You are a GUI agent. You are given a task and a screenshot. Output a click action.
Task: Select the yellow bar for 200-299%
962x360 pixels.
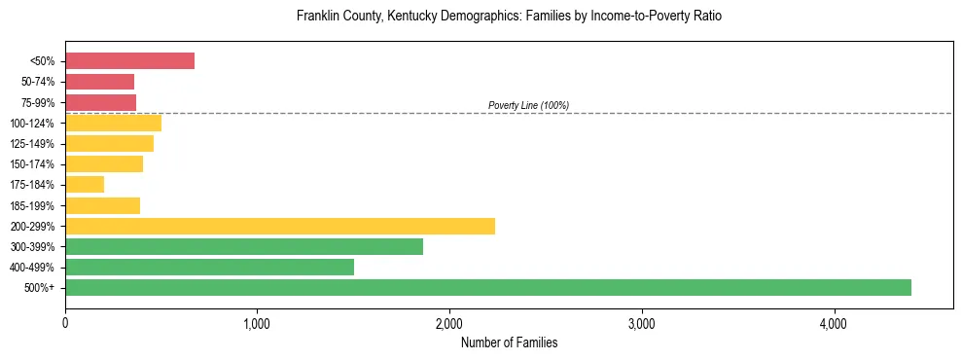click(x=280, y=226)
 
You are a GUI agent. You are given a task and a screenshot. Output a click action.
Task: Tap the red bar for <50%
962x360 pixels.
click(x=129, y=61)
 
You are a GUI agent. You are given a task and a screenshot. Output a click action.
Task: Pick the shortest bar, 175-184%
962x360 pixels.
click(x=85, y=185)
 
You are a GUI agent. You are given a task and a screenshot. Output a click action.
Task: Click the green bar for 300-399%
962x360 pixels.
click(x=244, y=246)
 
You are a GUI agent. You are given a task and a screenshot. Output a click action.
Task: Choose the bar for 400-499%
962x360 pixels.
click(x=209, y=267)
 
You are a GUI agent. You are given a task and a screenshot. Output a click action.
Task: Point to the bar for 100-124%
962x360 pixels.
click(x=113, y=123)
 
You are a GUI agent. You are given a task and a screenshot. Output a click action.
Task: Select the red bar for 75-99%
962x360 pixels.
click(x=100, y=102)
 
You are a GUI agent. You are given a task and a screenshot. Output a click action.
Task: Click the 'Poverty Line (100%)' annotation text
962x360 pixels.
click(x=528, y=105)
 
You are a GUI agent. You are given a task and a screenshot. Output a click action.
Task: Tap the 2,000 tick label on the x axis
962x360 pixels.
click(x=449, y=323)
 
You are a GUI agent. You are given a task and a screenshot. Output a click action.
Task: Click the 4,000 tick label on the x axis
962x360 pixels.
click(x=834, y=323)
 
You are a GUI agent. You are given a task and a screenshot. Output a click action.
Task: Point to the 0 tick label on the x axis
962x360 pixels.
click(x=65, y=323)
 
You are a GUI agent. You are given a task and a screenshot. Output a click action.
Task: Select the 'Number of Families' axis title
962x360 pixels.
click(x=509, y=342)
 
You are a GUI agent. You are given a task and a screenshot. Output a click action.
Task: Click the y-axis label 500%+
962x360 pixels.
click(x=42, y=288)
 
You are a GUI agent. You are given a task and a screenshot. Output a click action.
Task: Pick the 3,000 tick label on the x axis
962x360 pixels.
click(x=642, y=323)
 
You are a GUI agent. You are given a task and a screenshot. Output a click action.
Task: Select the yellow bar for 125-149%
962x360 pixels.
click(x=109, y=143)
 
